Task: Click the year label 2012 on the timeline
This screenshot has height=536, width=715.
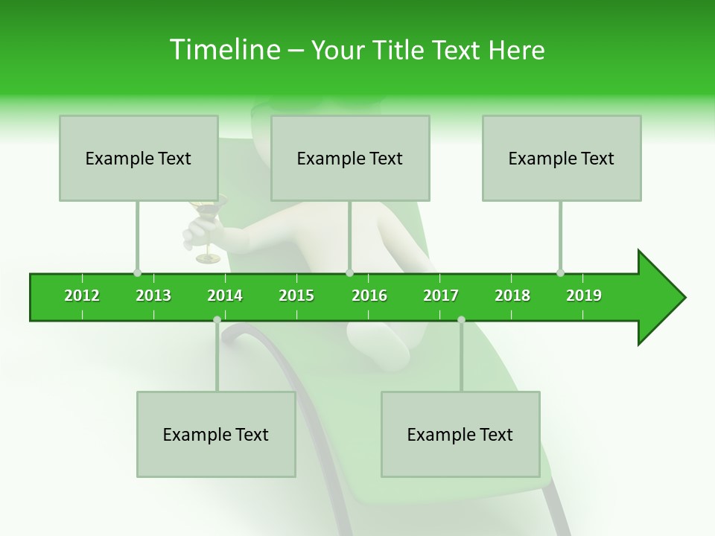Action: [82, 296]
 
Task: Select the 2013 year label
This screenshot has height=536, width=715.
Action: [153, 296]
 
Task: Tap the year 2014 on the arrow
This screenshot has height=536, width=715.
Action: [225, 296]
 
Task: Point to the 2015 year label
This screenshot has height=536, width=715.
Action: [296, 296]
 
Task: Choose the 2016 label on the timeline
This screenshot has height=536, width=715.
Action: [369, 296]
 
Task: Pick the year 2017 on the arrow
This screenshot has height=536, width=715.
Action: [441, 296]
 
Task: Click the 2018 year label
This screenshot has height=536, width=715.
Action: [512, 296]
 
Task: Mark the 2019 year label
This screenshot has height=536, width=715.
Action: [584, 296]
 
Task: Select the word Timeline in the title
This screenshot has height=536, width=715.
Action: [224, 50]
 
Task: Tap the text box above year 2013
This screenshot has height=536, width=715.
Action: [139, 158]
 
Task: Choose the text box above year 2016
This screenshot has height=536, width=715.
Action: [350, 158]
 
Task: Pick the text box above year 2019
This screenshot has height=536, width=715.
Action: [562, 158]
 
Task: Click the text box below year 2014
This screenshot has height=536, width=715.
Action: [216, 434]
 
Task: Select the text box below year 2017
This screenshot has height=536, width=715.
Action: [460, 434]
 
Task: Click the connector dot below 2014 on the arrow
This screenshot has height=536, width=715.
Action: [217, 319]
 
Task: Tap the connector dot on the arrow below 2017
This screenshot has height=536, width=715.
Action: [461, 319]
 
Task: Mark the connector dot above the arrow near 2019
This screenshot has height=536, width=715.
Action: [560, 272]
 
